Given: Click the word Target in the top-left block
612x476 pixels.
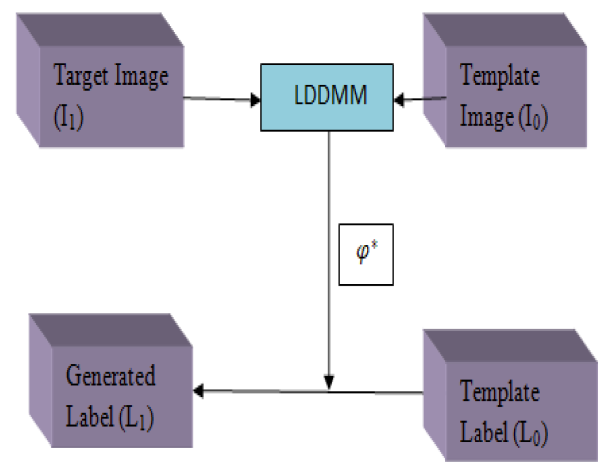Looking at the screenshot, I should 82,76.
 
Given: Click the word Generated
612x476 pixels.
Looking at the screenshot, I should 110,377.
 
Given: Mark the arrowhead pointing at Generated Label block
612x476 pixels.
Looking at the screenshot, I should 198,391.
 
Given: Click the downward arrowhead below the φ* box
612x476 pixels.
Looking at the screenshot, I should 329,380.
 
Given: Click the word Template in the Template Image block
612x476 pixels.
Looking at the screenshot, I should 500,76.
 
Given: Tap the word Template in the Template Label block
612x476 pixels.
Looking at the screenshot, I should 500,394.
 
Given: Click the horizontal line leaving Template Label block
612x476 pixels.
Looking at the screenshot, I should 380,391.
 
